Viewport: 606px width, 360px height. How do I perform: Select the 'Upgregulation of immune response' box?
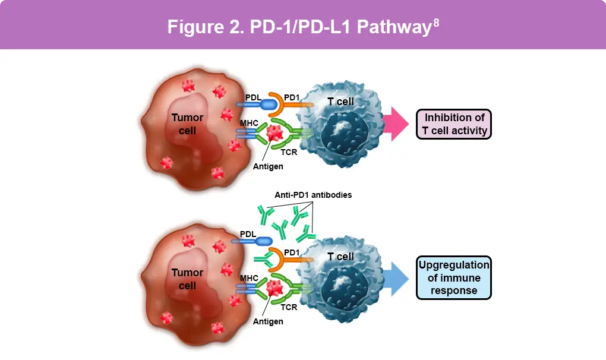tap(454, 277)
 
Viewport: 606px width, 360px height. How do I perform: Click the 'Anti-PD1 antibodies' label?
tap(314, 194)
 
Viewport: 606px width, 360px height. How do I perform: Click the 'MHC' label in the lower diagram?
tap(248, 277)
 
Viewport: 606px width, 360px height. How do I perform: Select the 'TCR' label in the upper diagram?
tap(289, 152)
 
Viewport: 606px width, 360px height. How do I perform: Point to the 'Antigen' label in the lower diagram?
tap(268, 321)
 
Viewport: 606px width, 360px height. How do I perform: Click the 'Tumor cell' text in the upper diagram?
tap(187, 124)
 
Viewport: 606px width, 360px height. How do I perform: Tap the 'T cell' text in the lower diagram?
tap(340, 257)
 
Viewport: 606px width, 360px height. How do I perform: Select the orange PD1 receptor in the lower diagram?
tap(282, 260)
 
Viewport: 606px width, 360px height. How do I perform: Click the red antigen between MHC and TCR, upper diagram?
tap(274, 132)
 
